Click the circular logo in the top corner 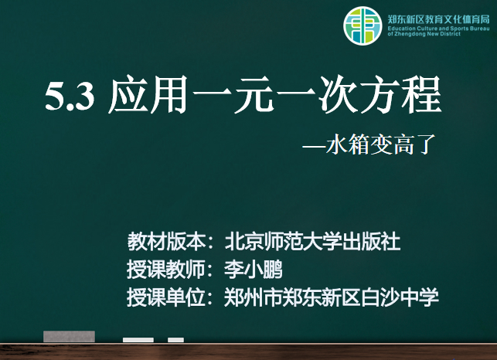point(363,25)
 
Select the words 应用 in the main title point(148,95)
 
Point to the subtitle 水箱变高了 point(381,144)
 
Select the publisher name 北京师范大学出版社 point(312,242)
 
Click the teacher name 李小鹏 point(254,270)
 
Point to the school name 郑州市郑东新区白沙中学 point(332,297)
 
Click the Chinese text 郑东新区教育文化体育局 point(438,19)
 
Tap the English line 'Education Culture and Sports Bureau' point(438,29)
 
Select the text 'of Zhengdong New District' point(424,34)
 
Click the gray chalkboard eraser point(69,337)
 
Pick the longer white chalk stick point(138,340)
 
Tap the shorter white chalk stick point(176,340)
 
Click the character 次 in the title point(339,95)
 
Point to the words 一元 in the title point(233,95)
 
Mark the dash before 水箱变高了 point(314,147)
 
